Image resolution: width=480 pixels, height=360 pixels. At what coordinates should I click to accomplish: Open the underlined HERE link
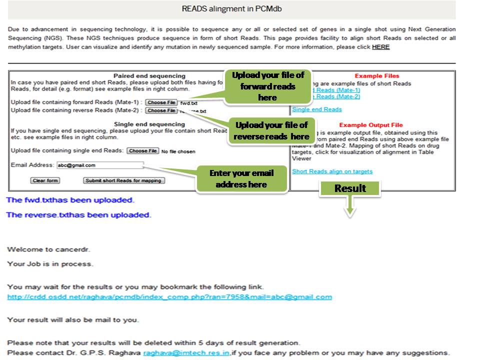coord(380,47)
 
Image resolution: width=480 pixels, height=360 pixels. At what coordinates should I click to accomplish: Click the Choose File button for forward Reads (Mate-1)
coord(161,102)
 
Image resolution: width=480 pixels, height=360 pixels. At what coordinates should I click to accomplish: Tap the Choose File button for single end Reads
coord(142,151)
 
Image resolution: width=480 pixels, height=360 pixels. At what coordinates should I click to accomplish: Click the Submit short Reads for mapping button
coord(123,180)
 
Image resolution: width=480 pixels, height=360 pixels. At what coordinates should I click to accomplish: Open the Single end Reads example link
coord(317,109)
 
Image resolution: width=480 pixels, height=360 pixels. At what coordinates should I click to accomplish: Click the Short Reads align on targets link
coord(332,171)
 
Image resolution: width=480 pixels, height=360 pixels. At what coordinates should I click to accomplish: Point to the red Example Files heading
coord(377,76)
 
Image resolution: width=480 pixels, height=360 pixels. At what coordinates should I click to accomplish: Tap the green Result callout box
coord(350,188)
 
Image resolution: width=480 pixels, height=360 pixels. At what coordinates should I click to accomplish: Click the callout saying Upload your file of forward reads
coord(267,86)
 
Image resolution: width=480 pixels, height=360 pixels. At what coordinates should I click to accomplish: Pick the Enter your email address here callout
coord(241,178)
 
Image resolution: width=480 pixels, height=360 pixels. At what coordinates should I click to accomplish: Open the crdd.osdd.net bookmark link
coord(169,297)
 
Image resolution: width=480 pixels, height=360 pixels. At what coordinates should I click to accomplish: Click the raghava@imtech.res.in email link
coord(186,353)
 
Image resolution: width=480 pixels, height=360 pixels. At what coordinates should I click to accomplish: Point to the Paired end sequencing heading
coord(149,76)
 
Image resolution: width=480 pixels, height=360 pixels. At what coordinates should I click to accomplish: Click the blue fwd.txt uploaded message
coord(70,200)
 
